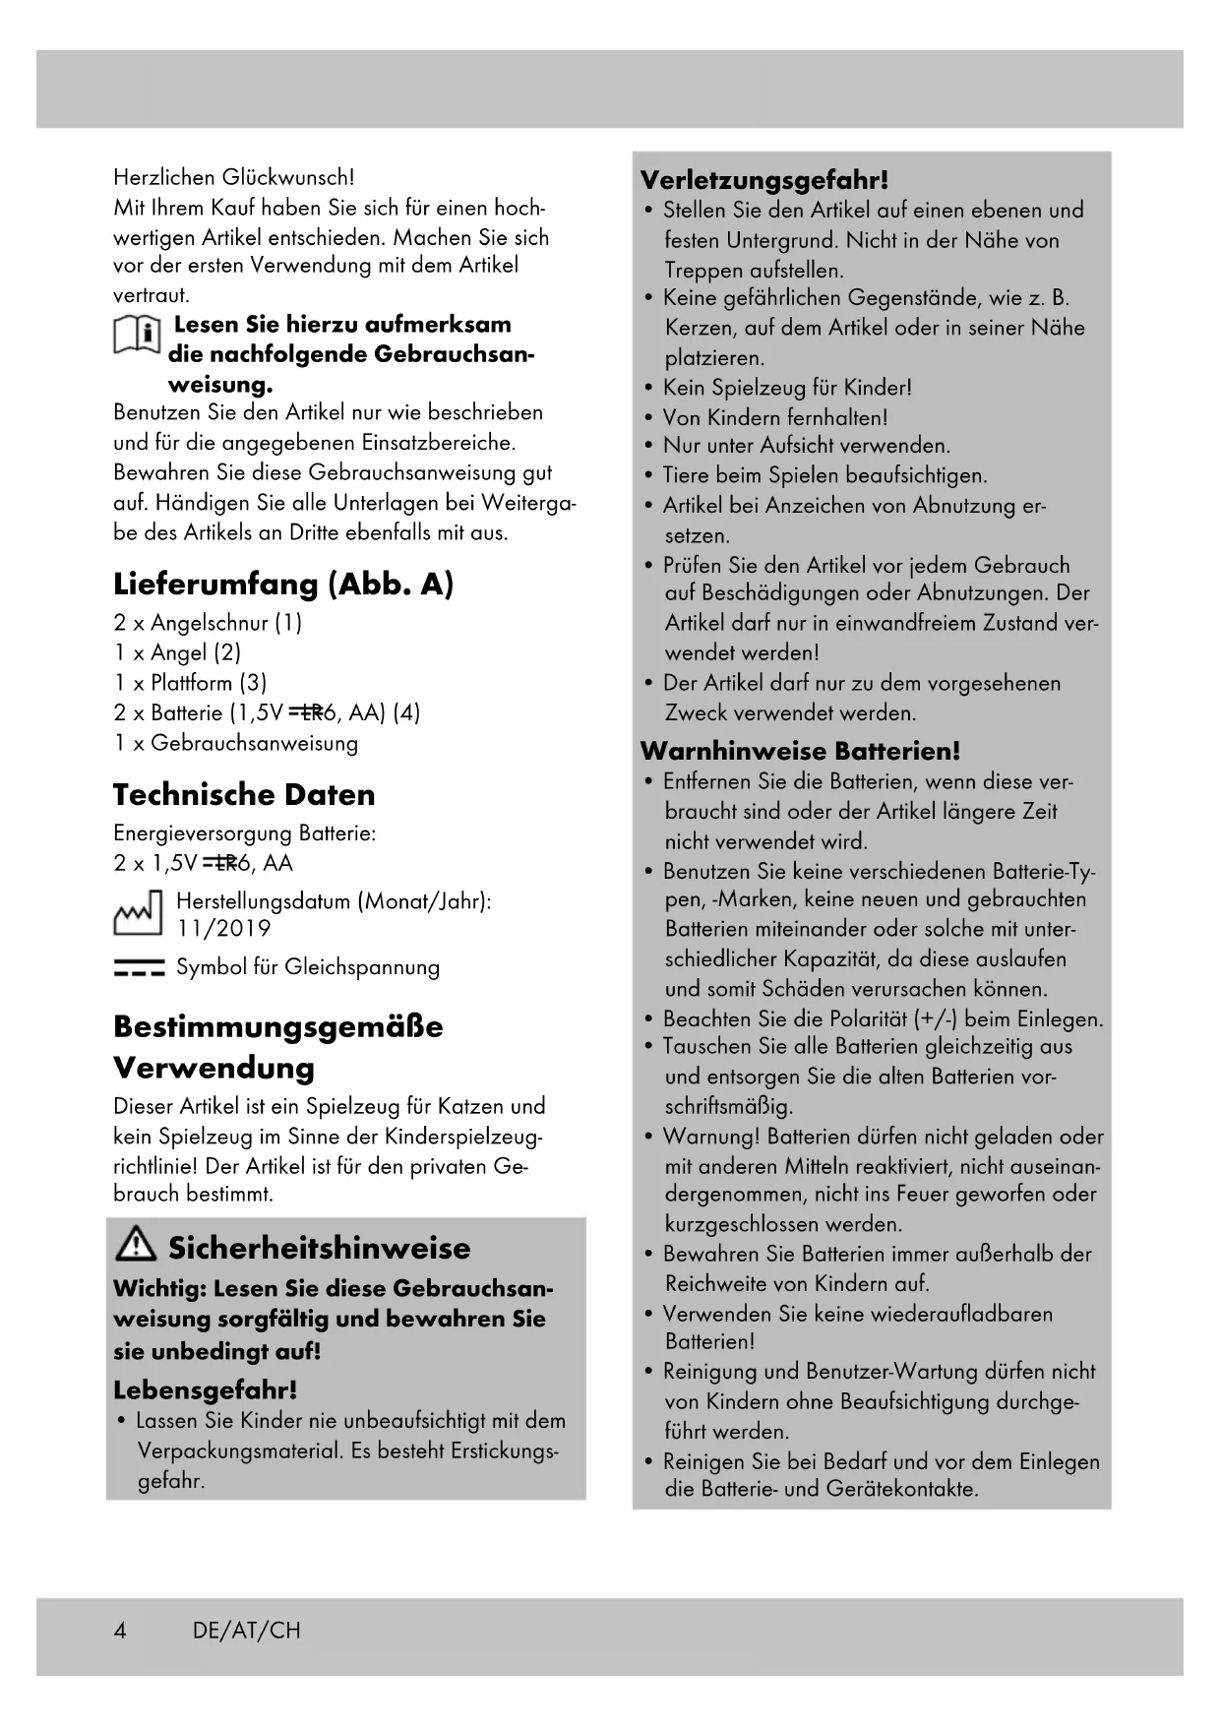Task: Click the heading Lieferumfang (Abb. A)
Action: (283, 585)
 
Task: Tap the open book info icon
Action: (138, 336)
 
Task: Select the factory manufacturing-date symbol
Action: (138, 914)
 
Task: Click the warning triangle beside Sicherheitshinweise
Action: (136, 1247)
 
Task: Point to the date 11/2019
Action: (224, 929)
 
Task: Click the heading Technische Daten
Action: (244, 795)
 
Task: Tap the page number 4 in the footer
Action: (120, 1631)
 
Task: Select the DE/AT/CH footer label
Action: (247, 1631)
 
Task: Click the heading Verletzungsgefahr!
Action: (764, 180)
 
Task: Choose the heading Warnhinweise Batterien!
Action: (800, 752)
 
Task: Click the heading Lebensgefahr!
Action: (205, 1390)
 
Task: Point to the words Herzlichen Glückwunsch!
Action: (234, 178)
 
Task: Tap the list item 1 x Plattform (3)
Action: (190, 683)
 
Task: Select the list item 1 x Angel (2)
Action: (177, 652)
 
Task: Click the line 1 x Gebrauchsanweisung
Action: (236, 743)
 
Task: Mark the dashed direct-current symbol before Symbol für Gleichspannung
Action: (139, 968)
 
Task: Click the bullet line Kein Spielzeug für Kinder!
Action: (787, 388)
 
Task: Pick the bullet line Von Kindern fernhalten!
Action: (775, 417)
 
